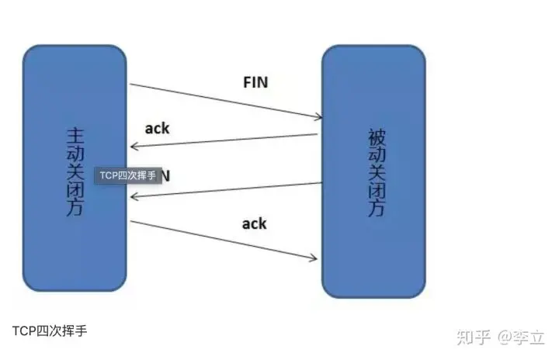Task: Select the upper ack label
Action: coord(157,128)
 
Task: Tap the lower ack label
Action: coord(254,223)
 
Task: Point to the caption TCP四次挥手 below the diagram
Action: coord(50,330)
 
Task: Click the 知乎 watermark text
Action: coord(474,337)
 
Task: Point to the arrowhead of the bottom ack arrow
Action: coord(315,258)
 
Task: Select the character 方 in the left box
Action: coord(75,208)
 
